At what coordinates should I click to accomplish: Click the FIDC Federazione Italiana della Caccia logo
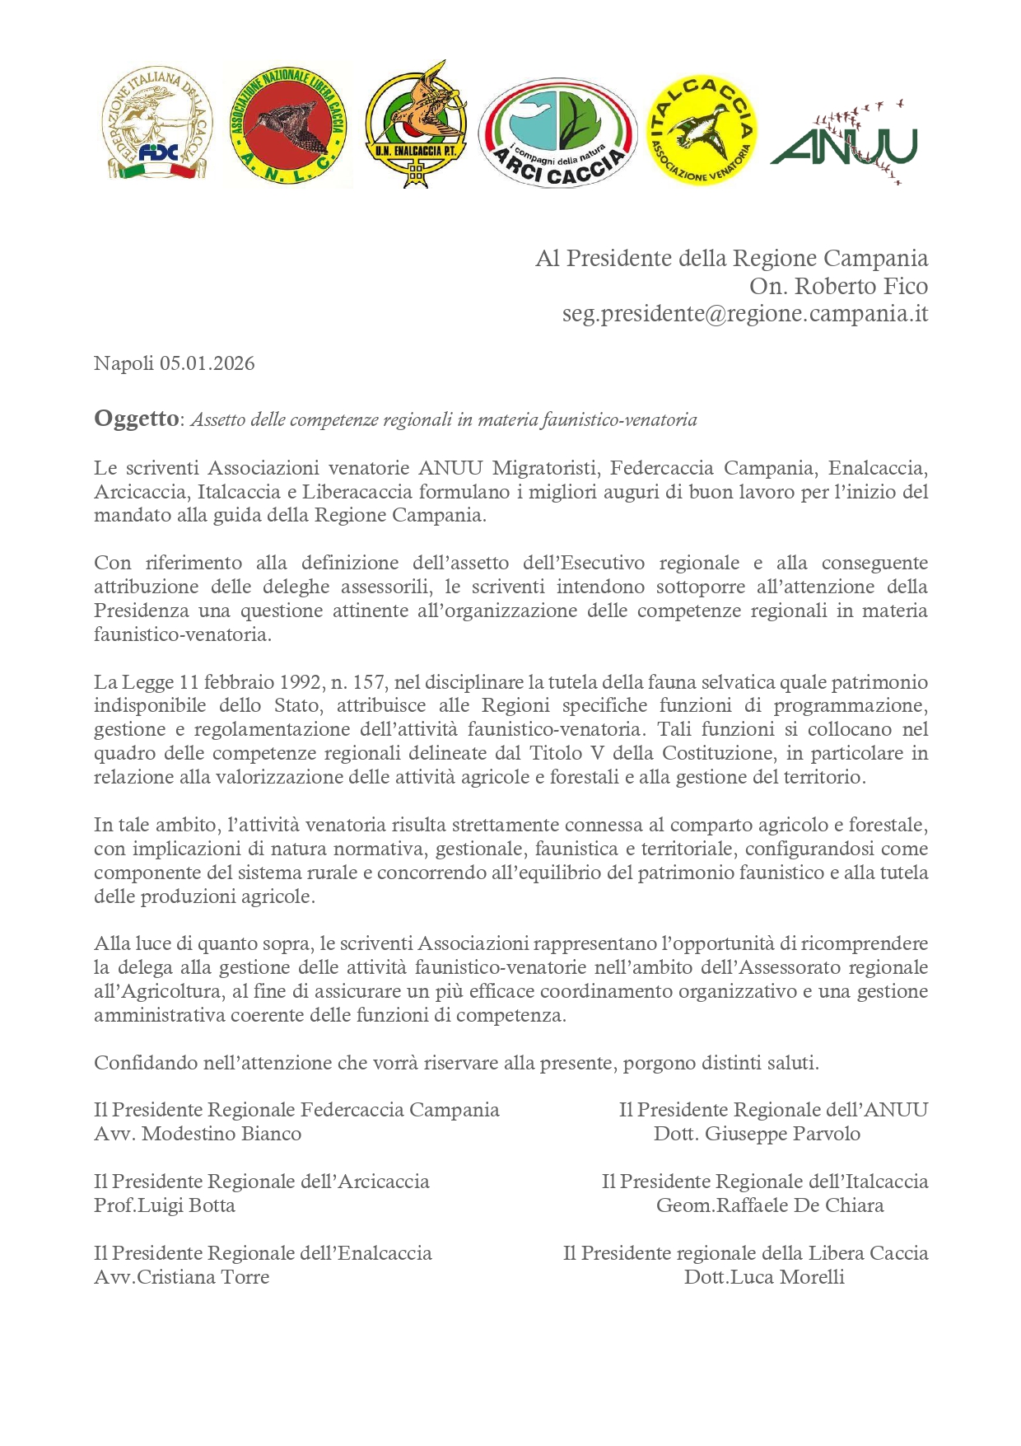tap(159, 124)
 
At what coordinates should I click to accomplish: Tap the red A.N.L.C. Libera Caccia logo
tap(287, 126)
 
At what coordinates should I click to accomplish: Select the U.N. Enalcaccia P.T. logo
tap(416, 124)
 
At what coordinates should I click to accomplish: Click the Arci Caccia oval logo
tap(558, 132)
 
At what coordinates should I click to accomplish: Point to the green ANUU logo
tap(843, 143)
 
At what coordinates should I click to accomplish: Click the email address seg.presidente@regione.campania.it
tap(745, 314)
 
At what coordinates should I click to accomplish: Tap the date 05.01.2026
tap(207, 363)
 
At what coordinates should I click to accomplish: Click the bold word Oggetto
tap(136, 419)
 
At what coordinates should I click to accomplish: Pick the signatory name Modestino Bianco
tap(221, 1134)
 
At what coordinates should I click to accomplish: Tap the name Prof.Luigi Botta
tap(165, 1205)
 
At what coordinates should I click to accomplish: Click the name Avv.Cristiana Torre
tap(182, 1277)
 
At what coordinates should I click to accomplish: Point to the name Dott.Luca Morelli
tap(764, 1277)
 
